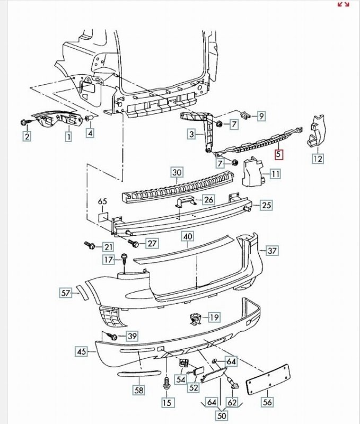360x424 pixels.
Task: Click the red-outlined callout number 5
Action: pos(279,155)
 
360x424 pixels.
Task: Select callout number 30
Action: pos(177,172)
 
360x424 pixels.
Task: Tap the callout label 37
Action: pos(272,251)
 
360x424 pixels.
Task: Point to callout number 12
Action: pos(318,158)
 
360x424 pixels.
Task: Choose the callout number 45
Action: pos(82,351)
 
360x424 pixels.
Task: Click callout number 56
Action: pos(267,402)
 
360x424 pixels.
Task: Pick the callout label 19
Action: pos(214,317)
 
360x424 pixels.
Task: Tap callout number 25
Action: pos(266,205)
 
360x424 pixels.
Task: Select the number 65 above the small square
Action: pos(103,202)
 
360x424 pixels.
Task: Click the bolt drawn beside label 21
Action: pos(90,245)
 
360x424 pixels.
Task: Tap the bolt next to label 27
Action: pos(133,243)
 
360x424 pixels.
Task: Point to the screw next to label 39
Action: pos(112,335)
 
